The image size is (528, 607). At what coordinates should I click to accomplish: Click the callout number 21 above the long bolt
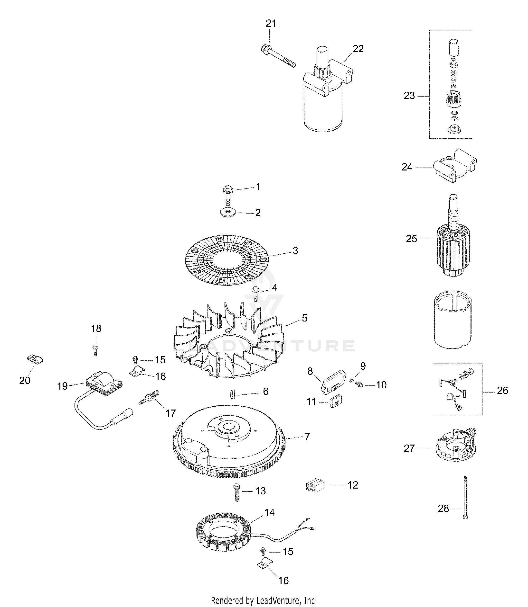271,24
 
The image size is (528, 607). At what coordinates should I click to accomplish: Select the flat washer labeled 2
228,213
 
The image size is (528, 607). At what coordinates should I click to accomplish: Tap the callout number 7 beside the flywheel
307,436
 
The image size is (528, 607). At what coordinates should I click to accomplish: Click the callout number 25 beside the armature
411,239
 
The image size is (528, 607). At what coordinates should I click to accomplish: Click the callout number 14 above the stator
269,513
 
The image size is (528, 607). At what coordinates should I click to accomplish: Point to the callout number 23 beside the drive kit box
409,96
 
